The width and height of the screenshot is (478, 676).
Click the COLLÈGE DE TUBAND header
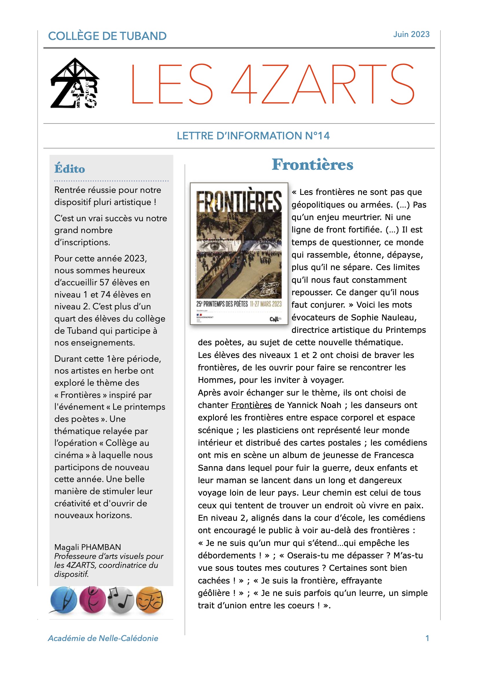pos(107,36)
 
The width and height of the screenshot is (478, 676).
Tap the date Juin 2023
pos(411,34)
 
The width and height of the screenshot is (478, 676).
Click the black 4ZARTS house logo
pos(75,83)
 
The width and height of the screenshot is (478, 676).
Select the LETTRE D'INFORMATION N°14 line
pos(253,136)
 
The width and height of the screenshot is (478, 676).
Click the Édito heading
pos(69,169)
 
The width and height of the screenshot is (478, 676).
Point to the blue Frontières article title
pos(312,164)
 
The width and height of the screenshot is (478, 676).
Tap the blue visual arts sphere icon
pos(64,600)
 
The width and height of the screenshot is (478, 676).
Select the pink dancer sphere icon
pos(93,600)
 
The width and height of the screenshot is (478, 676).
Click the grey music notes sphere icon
pos(121,600)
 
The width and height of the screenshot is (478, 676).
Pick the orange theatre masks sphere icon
pos(149,600)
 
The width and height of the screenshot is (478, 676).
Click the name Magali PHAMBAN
pos(87,547)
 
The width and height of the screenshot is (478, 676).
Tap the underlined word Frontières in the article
pos(251,405)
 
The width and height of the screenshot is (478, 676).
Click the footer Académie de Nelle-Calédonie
pos(103,638)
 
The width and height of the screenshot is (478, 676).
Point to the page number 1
pos(427,638)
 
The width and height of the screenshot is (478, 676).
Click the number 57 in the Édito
pos(104,282)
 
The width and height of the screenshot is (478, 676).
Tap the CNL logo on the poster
pos(275,319)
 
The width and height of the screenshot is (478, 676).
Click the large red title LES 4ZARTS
pos(272,84)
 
